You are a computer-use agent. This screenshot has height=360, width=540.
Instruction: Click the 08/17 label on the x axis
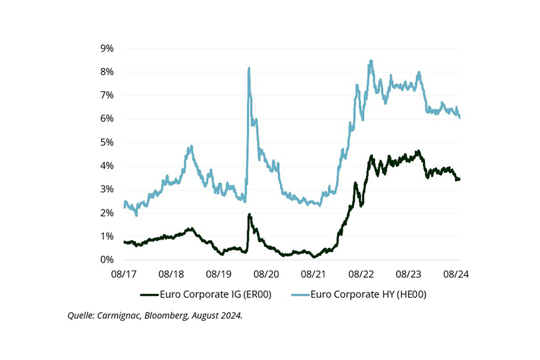[x=124, y=274]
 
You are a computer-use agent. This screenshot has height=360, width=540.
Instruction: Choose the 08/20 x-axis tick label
[x=267, y=274]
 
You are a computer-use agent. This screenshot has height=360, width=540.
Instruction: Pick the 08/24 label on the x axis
[x=457, y=274]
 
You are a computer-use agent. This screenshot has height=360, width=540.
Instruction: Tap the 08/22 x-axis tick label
[x=362, y=274]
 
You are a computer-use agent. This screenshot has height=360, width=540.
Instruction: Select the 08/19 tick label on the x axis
[x=219, y=274]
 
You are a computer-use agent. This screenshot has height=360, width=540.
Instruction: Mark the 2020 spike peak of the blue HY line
[x=248, y=68]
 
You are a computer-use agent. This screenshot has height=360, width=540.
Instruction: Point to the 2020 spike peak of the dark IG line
[x=249, y=214]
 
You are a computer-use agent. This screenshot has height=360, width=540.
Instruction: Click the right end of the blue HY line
[x=460, y=118]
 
